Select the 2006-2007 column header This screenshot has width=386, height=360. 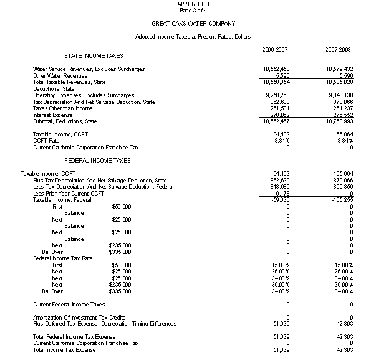coord(274,49)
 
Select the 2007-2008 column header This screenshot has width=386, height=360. coord(338,49)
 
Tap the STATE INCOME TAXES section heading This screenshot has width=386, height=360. coord(94,56)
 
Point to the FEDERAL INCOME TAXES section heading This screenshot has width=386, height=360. coord(97,160)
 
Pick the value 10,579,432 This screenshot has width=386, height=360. coord(339,69)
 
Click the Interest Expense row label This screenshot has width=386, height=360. coord(54,115)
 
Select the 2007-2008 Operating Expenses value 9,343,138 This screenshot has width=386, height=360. coord(340,95)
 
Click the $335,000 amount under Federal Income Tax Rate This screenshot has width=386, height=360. coord(121,291)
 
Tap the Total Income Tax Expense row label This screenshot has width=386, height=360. coord(64,350)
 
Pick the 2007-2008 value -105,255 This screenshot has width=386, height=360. coord(341,199)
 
